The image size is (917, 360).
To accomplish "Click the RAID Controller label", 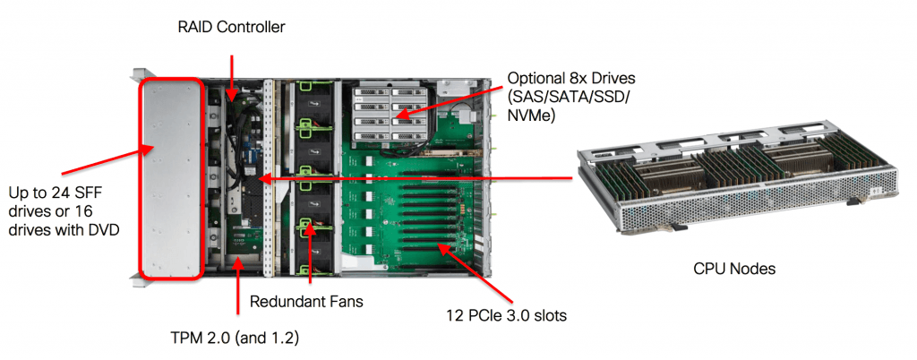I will [231, 28].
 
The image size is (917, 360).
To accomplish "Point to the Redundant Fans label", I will [306, 302].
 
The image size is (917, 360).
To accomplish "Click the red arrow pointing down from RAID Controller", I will [233, 76].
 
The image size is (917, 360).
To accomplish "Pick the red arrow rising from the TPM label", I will [237, 287].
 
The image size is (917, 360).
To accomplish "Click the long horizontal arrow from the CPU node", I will [412, 179].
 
